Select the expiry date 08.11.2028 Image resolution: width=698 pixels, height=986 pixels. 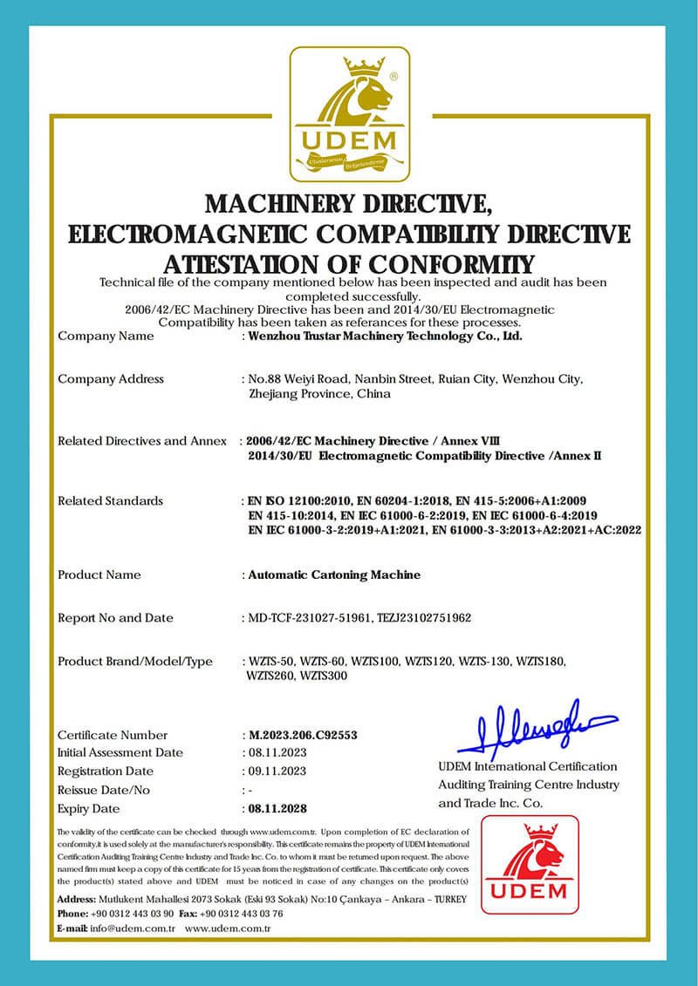coord(278,808)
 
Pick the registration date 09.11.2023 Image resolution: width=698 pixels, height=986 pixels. coord(275,772)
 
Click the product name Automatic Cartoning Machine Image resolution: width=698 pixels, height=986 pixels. coord(334,575)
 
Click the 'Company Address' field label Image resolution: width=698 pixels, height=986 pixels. coord(111,378)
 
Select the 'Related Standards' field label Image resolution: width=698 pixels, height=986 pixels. coord(110,500)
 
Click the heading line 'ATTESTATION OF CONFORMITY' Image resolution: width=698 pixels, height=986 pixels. coord(348,263)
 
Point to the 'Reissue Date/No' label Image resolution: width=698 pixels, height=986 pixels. coord(104,790)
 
